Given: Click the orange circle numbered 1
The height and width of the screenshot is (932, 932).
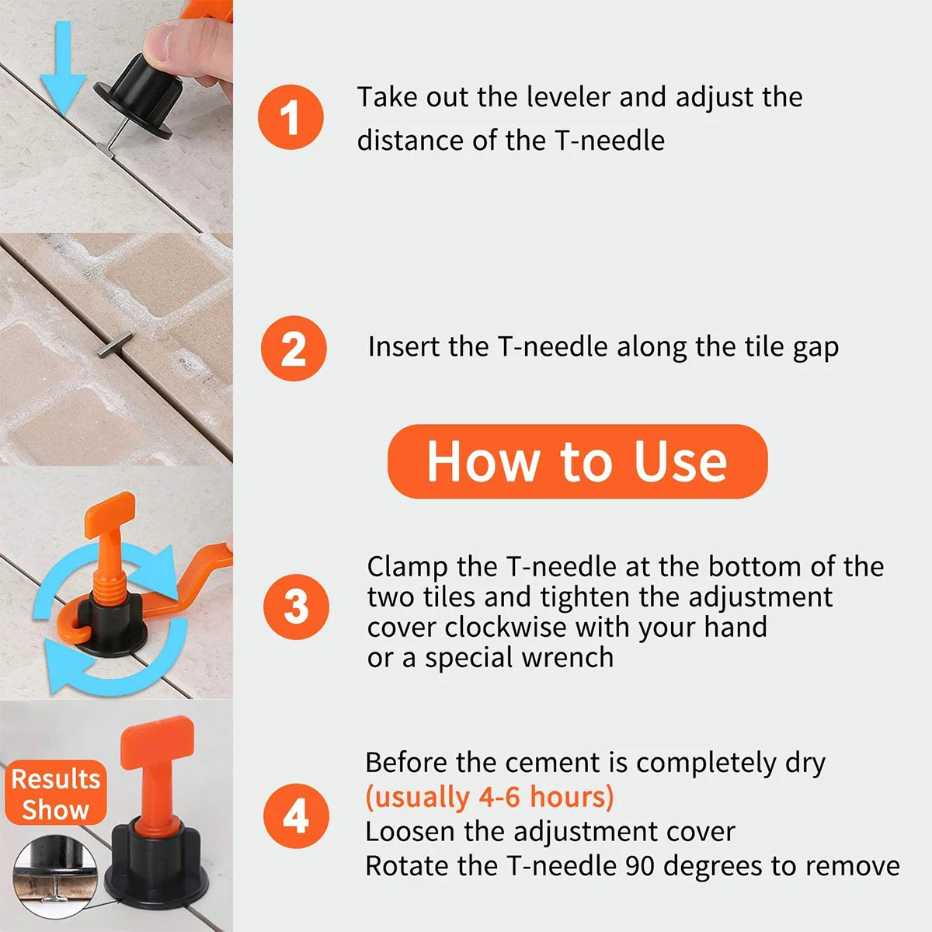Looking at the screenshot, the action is [290, 117].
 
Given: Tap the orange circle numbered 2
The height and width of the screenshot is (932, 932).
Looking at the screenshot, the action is [294, 348].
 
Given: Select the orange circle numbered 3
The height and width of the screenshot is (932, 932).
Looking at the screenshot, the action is [296, 607].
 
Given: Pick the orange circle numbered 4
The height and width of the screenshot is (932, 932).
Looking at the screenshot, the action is [296, 815].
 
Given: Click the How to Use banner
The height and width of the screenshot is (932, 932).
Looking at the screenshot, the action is [578, 461].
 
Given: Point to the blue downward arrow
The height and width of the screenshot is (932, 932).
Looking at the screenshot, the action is [63, 68].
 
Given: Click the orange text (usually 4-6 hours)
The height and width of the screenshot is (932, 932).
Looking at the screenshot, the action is [489, 797].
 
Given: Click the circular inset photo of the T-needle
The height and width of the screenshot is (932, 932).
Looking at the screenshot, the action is [54, 876].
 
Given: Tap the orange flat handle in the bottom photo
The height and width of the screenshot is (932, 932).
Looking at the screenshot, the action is [157, 742].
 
